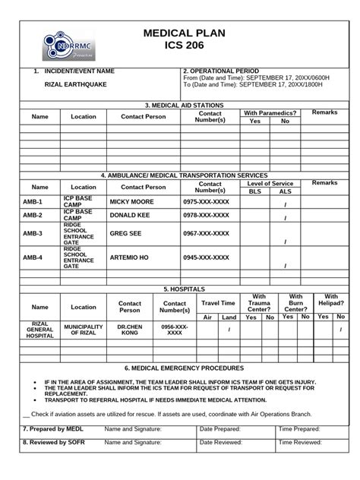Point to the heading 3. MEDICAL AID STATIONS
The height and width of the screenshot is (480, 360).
click(180, 104)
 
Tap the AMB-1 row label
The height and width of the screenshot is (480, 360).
click(33, 202)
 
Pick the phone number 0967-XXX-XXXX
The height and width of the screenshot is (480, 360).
click(206, 234)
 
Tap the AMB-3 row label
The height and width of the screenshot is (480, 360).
click(33, 234)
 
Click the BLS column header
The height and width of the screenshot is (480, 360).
click(254, 191)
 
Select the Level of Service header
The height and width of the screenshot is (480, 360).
click(270, 183)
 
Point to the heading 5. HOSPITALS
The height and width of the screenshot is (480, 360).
click(180, 289)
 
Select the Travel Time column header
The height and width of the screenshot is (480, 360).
click(218, 302)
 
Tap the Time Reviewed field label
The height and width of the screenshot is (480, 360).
click(301, 441)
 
